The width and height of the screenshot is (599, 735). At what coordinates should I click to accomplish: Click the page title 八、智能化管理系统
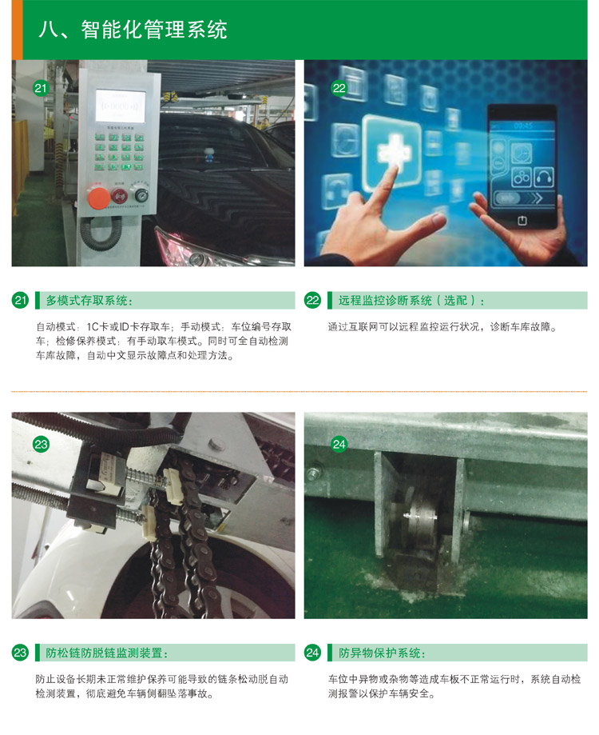[133, 30]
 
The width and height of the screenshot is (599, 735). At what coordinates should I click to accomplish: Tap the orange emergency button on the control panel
[99, 198]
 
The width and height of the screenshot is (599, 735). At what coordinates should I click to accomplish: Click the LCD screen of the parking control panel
[121, 106]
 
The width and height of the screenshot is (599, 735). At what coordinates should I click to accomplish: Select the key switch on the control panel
[140, 194]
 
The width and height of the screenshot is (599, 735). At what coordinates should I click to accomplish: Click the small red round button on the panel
[121, 195]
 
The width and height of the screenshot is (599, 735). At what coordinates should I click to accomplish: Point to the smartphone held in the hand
[522, 167]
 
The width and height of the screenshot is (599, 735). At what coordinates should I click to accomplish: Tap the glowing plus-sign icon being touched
[392, 150]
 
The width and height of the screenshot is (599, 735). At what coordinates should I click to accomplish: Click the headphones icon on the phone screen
[544, 178]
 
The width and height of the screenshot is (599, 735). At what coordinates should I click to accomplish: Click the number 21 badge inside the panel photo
[42, 88]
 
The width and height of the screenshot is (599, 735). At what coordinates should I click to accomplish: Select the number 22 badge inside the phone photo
[339, 88]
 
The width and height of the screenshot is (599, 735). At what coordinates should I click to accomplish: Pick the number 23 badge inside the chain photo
[42, 444]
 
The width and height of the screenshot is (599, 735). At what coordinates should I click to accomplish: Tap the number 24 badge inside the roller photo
[339, 444]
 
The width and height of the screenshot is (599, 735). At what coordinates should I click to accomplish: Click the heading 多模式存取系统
[89, 301]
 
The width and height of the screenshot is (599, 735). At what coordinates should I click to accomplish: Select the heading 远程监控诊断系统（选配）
[411, 301]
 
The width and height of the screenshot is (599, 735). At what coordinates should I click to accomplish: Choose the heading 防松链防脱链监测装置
[107, 653]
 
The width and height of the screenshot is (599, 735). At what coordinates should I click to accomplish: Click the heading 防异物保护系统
[382, 653]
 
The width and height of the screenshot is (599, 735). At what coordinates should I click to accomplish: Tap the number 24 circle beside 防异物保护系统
[312, 653]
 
